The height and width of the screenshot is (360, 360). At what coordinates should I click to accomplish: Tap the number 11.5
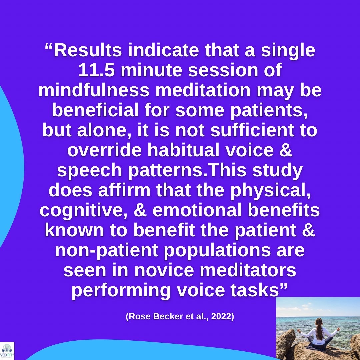coord(96,70)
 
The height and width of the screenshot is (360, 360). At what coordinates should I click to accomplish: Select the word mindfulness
coord(94,90)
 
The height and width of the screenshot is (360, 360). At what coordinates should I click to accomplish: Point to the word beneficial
coord(95,110)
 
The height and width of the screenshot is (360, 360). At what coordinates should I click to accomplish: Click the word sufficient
coord(252,130)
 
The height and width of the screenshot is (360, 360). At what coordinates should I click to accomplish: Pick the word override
coord(104,150)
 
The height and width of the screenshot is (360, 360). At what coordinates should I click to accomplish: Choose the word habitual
coord(183,150)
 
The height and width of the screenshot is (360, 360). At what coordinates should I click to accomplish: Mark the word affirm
coord(124,190)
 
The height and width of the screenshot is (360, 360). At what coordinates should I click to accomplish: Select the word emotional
coord(197,210)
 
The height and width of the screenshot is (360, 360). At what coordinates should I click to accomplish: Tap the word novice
coord(164,270)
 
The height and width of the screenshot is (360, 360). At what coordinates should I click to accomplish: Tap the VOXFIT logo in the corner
coord(7,351)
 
